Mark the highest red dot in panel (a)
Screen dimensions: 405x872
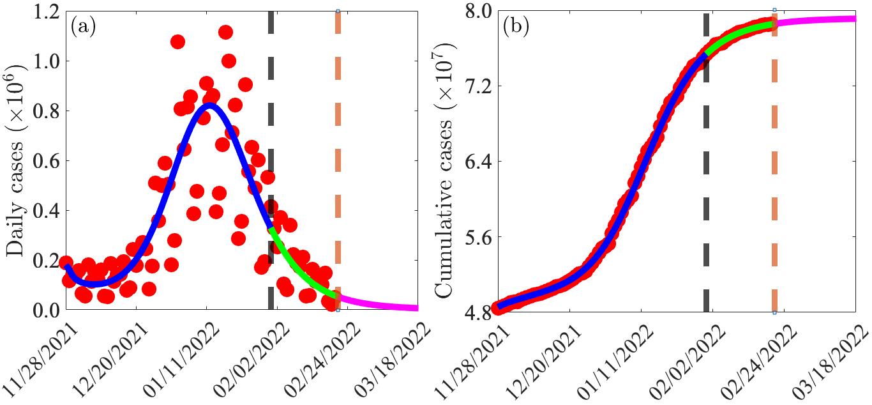point(225,33)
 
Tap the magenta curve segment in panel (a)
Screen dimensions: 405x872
point(377,303)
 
